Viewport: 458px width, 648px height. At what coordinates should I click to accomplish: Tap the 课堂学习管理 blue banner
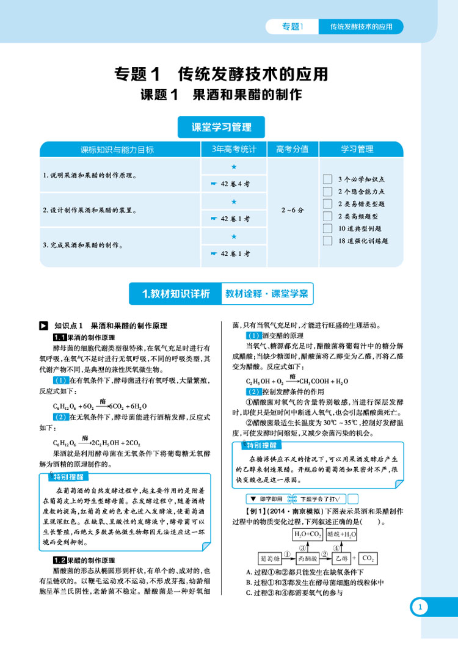221,128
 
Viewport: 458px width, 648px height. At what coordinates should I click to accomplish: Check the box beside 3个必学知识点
327,179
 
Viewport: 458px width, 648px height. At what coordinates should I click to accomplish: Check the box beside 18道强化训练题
327,241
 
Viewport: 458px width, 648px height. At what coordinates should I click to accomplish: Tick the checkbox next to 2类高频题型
327,216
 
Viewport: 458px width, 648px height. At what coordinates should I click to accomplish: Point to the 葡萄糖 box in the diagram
269,558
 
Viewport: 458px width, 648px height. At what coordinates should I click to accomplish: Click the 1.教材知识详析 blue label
175,294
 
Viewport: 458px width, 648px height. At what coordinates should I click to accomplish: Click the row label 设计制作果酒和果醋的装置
89,210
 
